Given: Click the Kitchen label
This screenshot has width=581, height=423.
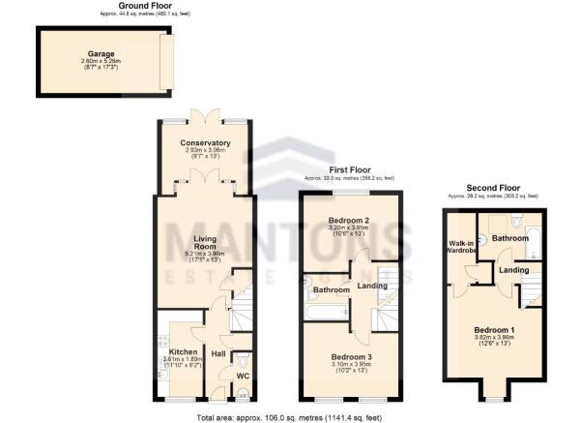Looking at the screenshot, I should [x=184, y=351].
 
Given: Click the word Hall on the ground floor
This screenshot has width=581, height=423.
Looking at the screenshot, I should [x=218, y=354].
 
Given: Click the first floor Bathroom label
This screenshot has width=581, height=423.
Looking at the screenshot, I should [x=331, y=289].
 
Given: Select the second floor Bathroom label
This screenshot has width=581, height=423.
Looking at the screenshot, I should [x=510, y=237].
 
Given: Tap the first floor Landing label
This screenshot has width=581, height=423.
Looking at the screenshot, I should [x=372, y=285].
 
